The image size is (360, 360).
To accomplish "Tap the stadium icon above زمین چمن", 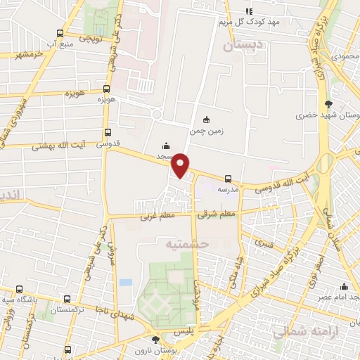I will [x=205, y=120].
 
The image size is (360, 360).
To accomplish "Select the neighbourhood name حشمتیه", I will [x=186, y=243].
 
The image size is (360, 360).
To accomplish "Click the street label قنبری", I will [x=264, y=244].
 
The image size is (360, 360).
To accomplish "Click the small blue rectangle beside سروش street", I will [x=126, y=282].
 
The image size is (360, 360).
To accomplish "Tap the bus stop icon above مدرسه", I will [x=228, y=179].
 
